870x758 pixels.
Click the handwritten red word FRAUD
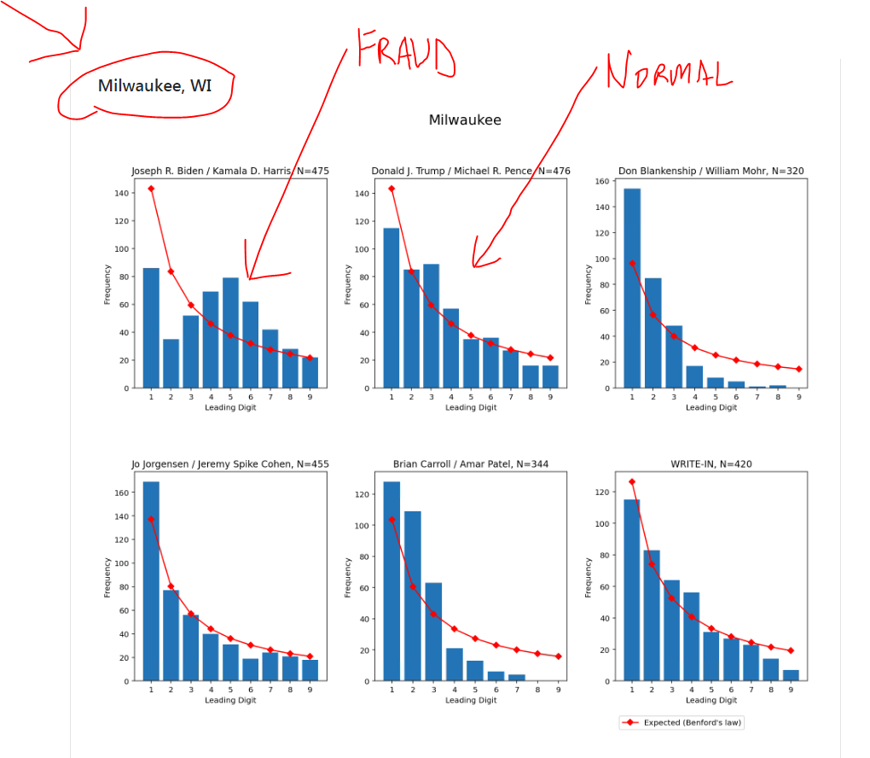pos(404,53)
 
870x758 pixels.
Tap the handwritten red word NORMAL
pos(668,72)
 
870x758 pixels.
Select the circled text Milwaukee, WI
pos(154,85)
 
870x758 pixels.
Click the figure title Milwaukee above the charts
pos(465,120)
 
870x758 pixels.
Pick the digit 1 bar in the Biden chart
pos(151,328)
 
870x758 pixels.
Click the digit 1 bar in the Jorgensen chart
pos(151,581)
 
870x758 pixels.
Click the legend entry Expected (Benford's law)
pos(681,723)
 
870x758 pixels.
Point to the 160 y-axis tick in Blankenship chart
pos(600,181)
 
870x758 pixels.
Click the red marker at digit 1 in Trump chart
pos(391,189)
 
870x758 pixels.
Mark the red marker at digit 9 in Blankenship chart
pos(798,369)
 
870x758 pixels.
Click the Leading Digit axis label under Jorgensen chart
pos(230,701)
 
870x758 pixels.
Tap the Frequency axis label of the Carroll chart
pos(347,577)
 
